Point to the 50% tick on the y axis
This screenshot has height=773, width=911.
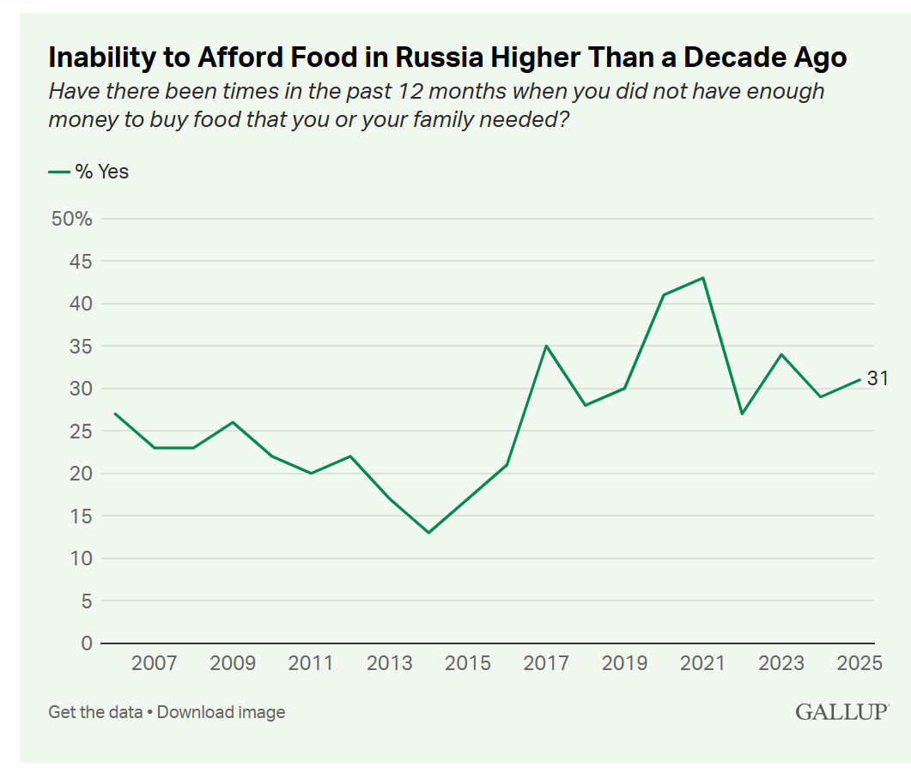tap(72, 219)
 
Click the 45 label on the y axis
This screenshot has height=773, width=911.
tap(80, 262)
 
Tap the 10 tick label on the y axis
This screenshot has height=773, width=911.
tap(81, 559)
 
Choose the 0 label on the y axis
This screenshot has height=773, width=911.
tap(86, 643)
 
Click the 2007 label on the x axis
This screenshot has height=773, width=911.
tap(155, 663)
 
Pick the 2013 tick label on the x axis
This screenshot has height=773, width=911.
tap(389, 663)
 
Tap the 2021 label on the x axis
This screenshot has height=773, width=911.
tap(703, 663)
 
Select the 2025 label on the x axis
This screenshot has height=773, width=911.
tap(859, 663)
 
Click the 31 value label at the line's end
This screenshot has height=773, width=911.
tap(878, 378)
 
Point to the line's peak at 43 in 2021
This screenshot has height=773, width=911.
tap(703, 278)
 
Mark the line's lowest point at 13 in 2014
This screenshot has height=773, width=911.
tap(428, 533)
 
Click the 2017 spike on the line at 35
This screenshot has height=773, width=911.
tap(546, 346)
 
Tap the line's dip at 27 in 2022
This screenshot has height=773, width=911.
tap(742, 414)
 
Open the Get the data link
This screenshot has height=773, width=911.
tap(95, 712)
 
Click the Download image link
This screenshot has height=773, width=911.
tap(221, 712)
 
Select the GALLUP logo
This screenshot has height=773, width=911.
tap(841, 712)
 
